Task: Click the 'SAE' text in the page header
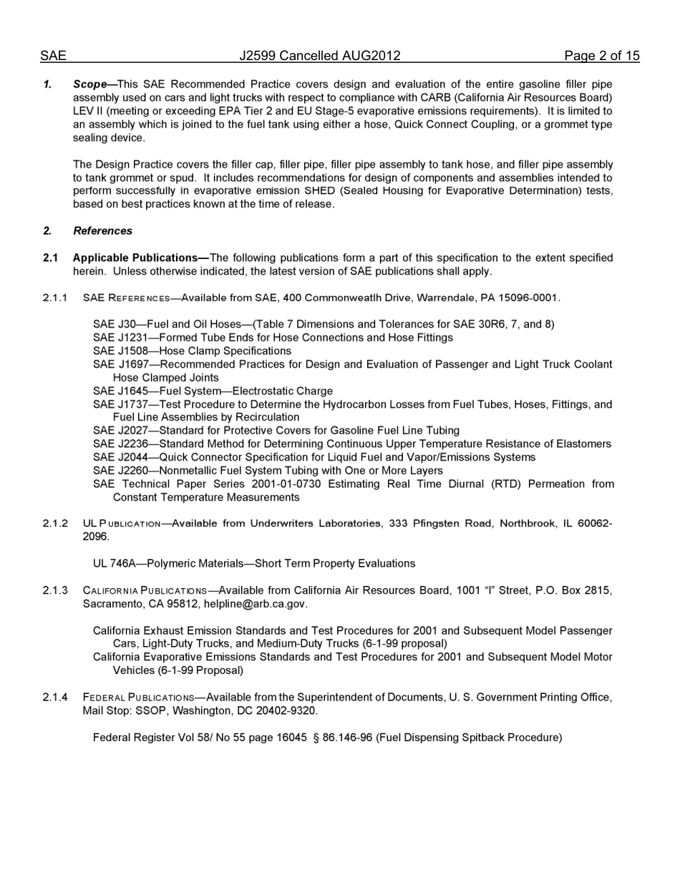pos(53,56)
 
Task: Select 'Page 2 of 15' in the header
pos(601,56)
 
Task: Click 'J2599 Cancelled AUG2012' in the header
pos(320,56)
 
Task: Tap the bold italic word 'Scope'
pos(89,84)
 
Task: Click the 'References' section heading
pos(102,231)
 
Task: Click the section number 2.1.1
pos(55,298)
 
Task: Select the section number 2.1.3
pos(55,591)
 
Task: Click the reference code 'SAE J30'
pos(114,324)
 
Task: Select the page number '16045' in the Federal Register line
pos(291,738)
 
